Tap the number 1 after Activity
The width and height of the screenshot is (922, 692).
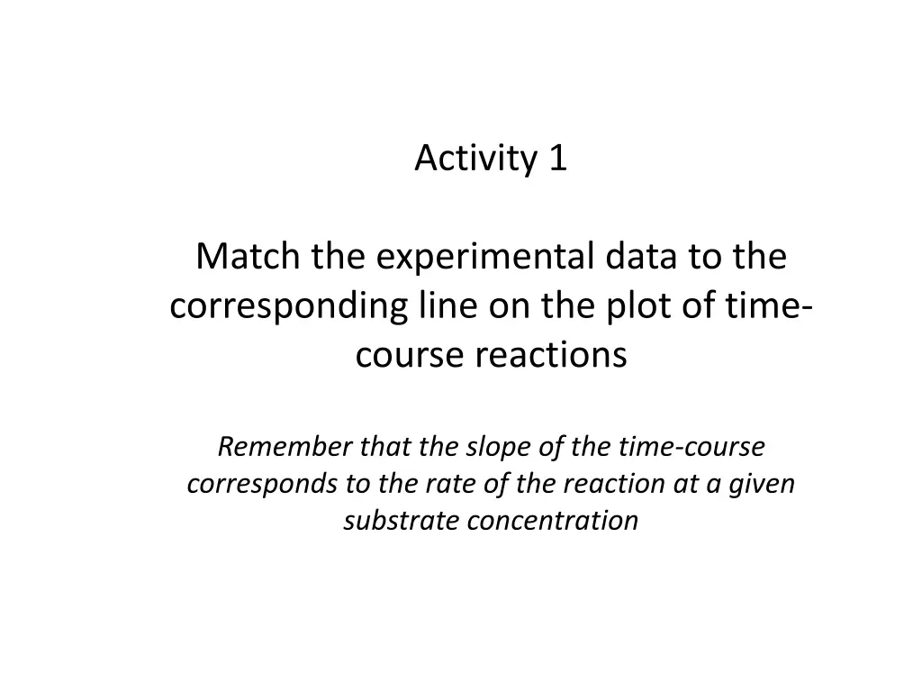(x=557, y=159)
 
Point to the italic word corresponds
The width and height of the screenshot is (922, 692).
(x=258, y=484)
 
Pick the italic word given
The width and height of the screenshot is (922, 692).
(x=764, y=484)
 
